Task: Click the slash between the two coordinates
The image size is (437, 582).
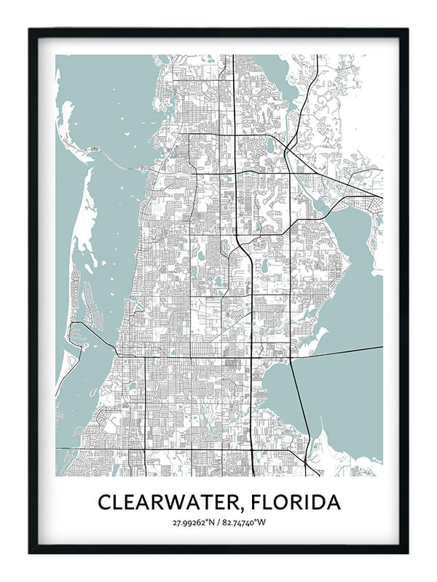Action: [219, 522]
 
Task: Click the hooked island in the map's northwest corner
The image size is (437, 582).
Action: [69, 124]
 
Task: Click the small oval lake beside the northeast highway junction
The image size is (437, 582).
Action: [270, 145]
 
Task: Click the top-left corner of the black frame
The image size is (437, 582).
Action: [31, 31]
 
